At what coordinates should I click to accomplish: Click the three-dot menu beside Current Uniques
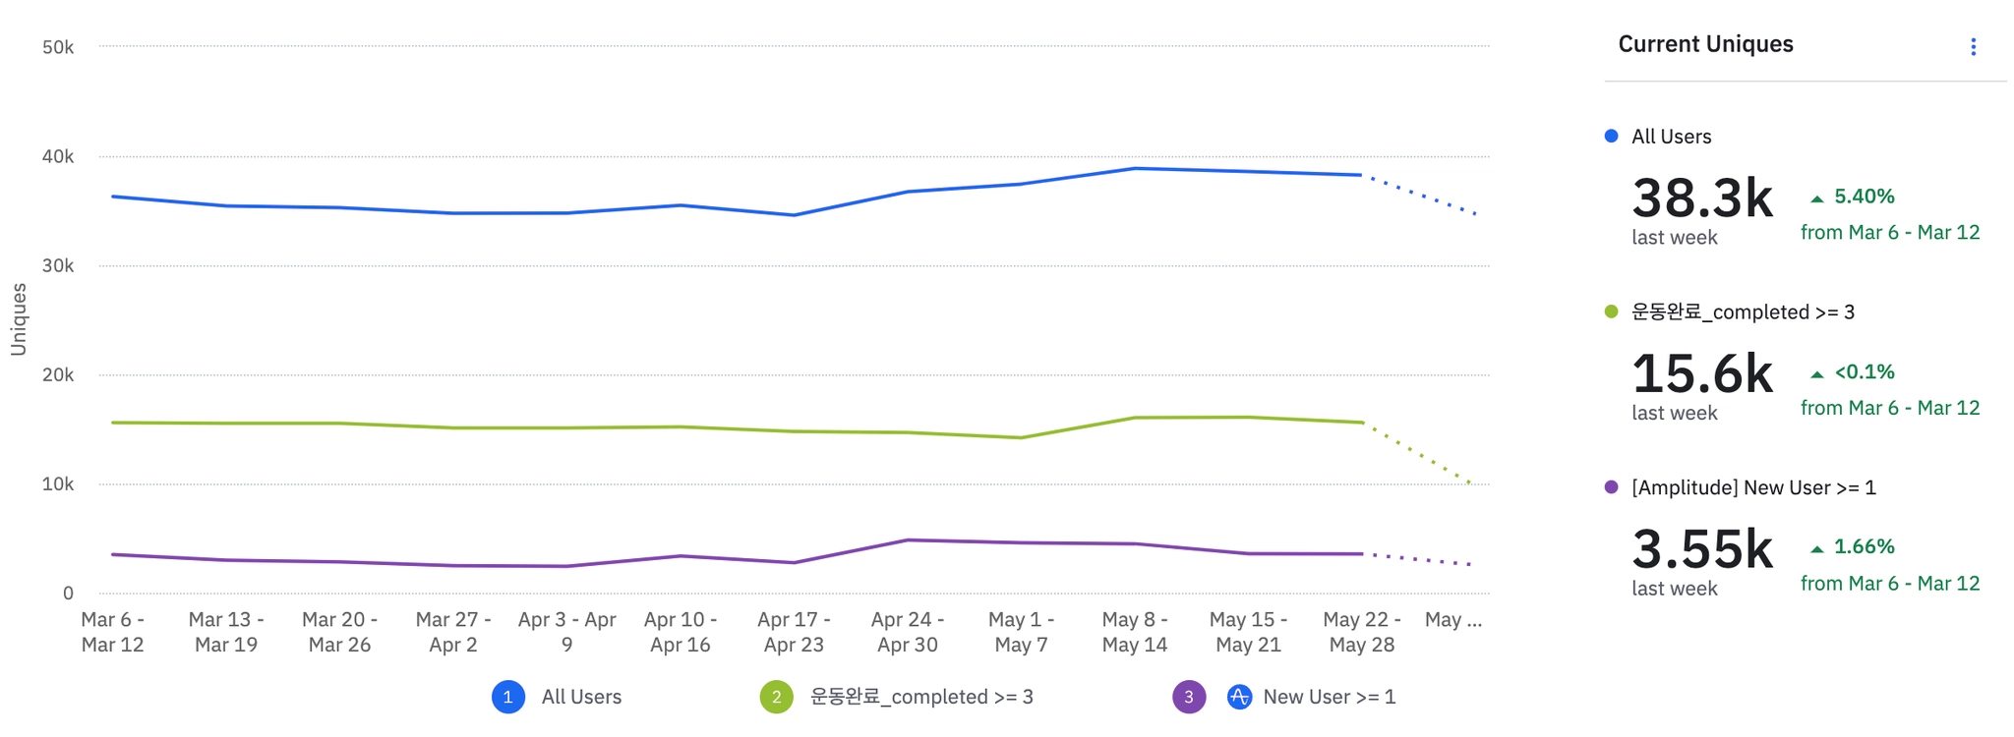(x=1973, y=47)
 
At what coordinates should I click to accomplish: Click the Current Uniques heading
(x=1705, y=44)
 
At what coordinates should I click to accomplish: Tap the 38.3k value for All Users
(x=1701, y=198)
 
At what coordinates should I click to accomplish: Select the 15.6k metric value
(x=1701, y=374)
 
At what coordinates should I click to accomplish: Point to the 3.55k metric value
(x=1701, y=549)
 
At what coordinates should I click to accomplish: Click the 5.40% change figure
(x=1864, y=197)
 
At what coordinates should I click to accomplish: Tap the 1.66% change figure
(x=1864, y=546)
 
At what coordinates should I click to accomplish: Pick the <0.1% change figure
(x=1864, y=372)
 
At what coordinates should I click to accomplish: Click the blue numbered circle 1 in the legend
(x=507, y=697)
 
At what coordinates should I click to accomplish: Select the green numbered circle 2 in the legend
(x=776, y=697)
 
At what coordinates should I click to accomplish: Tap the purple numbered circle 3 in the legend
(x=1188, y=697)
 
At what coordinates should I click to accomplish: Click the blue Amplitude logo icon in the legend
(x=1239, y=697)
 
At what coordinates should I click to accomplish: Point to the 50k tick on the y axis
(x=58, y=47)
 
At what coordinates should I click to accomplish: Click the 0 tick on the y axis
(x=68, y=593)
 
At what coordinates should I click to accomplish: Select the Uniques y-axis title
(x=18, y=319)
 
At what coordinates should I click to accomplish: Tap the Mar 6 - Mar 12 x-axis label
(x=112, y=632)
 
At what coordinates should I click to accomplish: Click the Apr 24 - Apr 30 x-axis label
(x=907, y=632)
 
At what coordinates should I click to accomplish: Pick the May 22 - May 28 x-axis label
(x=1361, y=632)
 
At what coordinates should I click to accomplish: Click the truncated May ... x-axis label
(x=1452, y=620)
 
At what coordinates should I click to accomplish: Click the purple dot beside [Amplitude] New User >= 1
(x=1611, y=487)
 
